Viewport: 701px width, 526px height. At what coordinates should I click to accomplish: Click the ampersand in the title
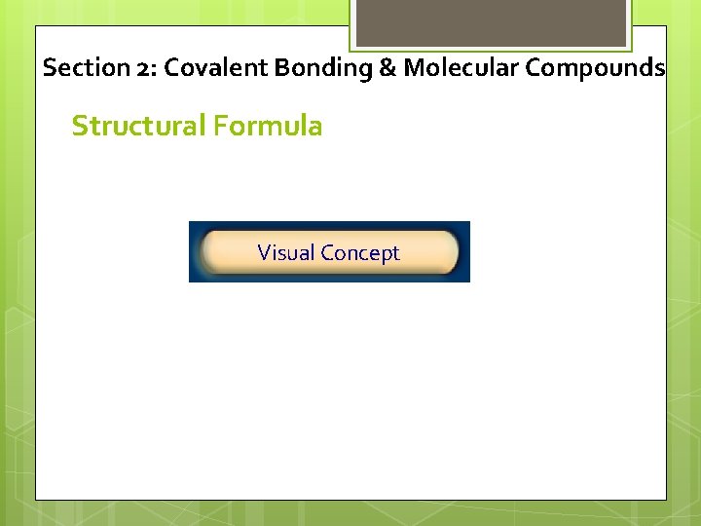point(387,68)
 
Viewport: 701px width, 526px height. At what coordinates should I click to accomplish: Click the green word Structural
point(136,126)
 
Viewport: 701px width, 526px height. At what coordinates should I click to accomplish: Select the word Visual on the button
point(286,253)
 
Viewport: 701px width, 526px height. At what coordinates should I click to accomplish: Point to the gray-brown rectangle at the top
point(490,22)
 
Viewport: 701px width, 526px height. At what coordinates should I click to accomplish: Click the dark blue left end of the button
point(195,252)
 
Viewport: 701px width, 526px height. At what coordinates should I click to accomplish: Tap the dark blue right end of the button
point(463,252)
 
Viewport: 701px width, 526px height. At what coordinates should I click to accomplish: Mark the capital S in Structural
point(80,126)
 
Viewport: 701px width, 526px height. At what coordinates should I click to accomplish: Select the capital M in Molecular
point(413,68)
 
